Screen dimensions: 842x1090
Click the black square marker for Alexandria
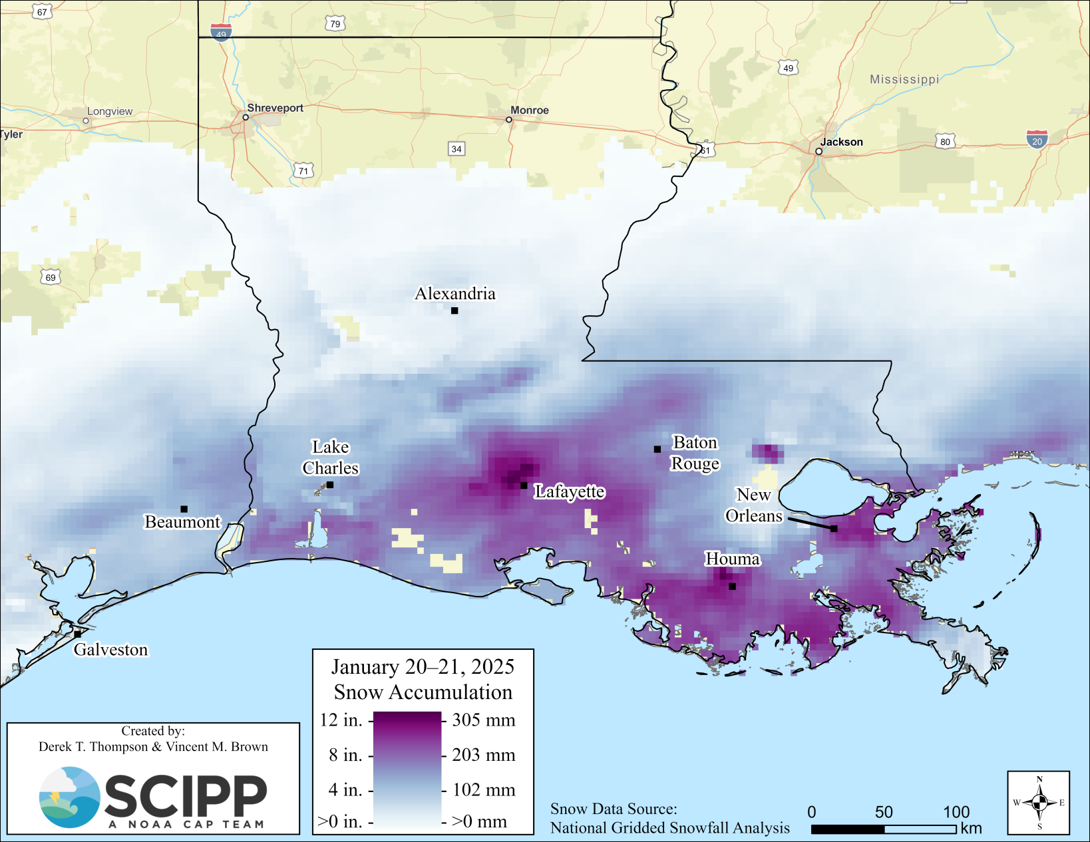[x=454, y=311]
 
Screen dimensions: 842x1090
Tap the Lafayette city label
[x=570, y=491]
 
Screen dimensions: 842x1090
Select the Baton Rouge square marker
[x=657, y=450]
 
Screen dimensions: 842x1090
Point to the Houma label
[x=733, y=559]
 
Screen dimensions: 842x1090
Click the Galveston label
[x=110, y=650]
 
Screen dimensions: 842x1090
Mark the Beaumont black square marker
[x=184, y=509]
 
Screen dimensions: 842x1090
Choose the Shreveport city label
[x=275, y=108]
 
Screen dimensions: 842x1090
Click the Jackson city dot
[x=818, y=152]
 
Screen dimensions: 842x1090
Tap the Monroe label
[x=530, y=110]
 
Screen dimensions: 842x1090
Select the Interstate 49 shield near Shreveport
[x=221, y=32]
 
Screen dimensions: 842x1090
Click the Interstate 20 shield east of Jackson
[x=1037, y=139]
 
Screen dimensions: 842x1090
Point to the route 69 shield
[x=51, y=277]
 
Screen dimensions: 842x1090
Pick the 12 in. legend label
[x=341, y=720]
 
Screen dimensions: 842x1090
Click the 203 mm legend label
[x=484, y=755]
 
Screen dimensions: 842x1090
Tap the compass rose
[x=1039, y=803]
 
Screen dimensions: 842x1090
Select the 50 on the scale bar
[x=884, y=812]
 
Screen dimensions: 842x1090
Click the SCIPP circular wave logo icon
[x=69, y=797]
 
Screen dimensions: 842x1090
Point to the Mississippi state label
[x=904, y=79]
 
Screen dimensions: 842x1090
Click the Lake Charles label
[x=331, y=458]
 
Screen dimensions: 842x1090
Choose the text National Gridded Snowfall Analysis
[x=669, y=828]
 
